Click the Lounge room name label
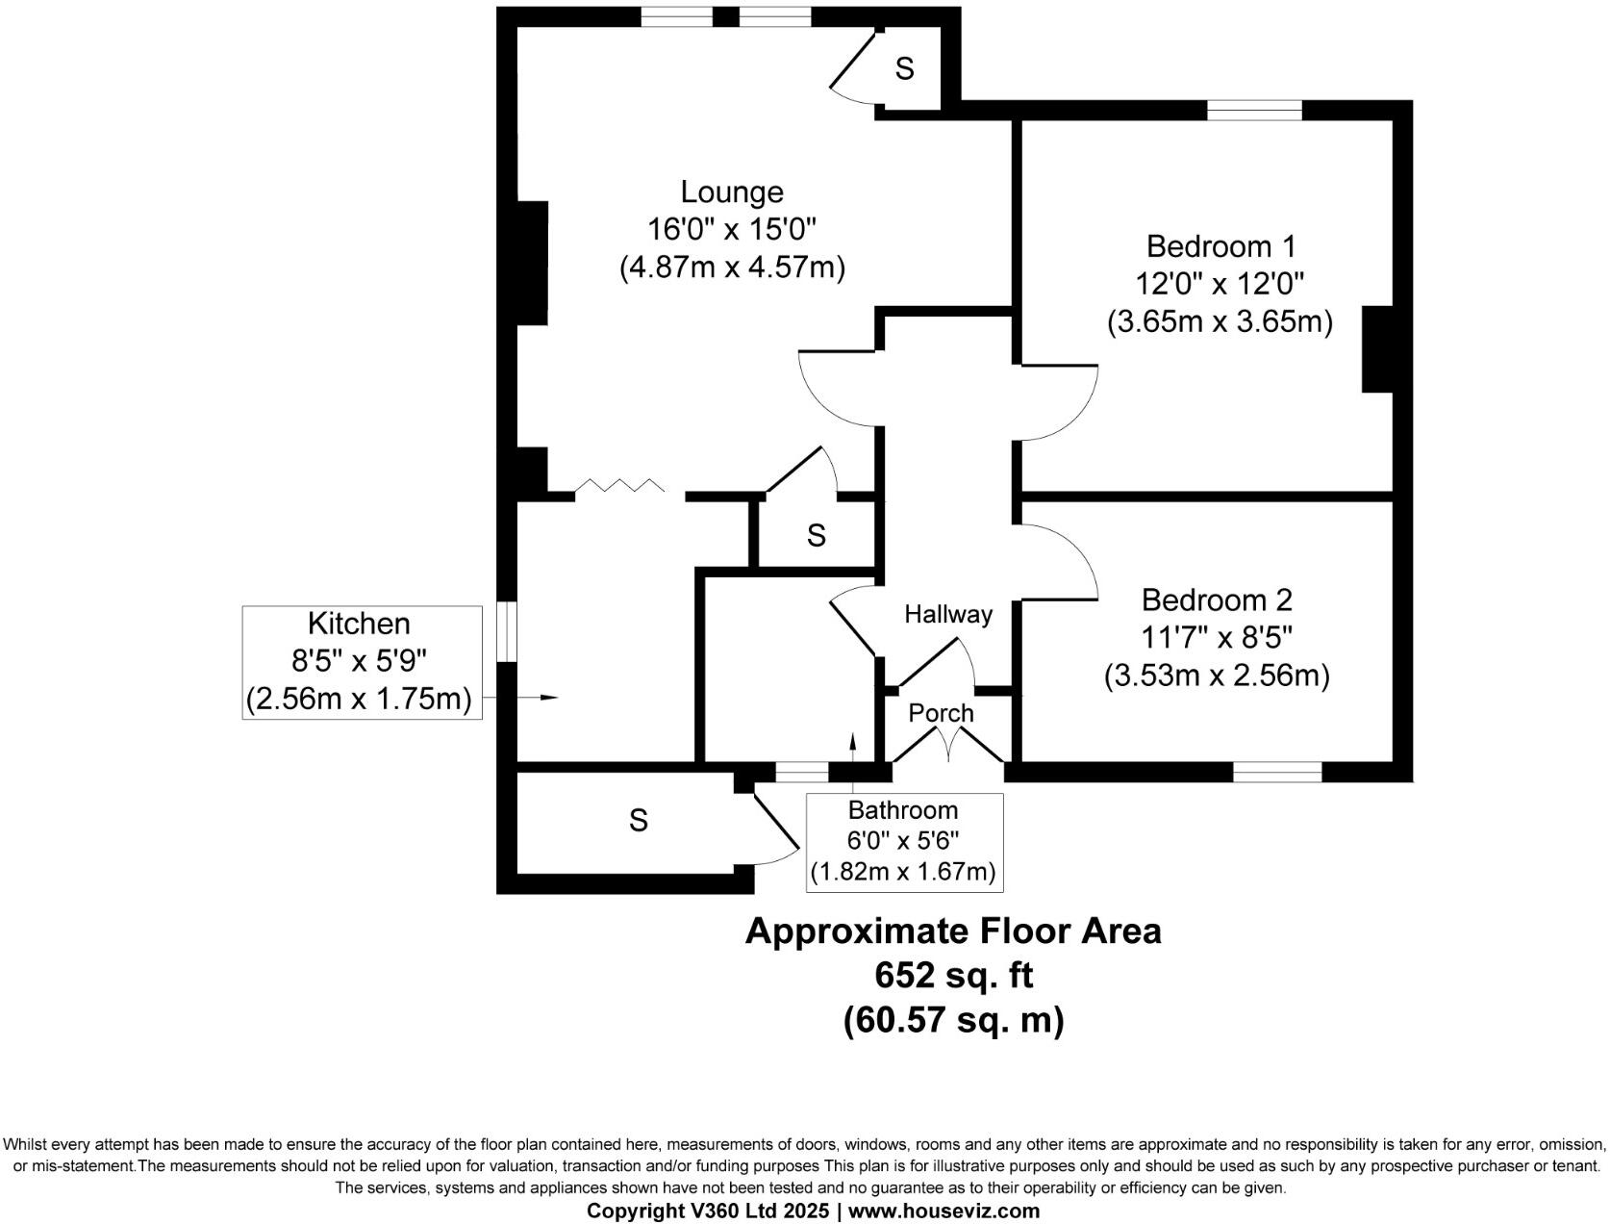pos(732,191)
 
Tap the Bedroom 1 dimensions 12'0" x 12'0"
pos(1220,284)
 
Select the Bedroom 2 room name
pos(1217,599)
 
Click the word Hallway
pos(947,614)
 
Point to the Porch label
pos(941,713)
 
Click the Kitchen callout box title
pos(360,624)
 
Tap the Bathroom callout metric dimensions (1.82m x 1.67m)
pos(903,872)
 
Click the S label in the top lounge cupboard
pos(904,68)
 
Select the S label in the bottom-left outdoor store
pos(638,821)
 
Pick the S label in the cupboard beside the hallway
pos(816,535)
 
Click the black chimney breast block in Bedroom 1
pos(1376,349)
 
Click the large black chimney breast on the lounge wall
pos(533,263)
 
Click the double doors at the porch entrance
pos(949,746)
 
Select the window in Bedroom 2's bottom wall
pos(1277,772)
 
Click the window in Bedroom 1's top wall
pos(1254,110)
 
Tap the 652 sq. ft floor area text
pos(953,976)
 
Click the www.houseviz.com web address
pos(943,1211)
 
